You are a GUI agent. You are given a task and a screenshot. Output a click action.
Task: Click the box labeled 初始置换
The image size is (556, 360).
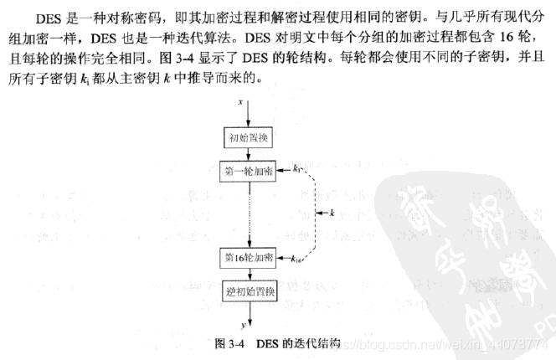click(248, 136)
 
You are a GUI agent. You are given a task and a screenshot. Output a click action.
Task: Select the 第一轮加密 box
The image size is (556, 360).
click(248, 171)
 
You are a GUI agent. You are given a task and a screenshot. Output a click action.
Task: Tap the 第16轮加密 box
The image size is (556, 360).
click(248, 256)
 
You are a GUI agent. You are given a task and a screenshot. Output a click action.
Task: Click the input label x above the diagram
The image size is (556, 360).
click(240, 100)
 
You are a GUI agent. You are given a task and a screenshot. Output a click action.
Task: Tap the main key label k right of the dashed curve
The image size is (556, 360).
click(332, 213)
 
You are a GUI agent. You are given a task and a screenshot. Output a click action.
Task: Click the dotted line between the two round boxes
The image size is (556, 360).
click(248, 213)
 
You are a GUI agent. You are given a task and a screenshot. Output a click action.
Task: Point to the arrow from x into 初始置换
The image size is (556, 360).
click(248, 116)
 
